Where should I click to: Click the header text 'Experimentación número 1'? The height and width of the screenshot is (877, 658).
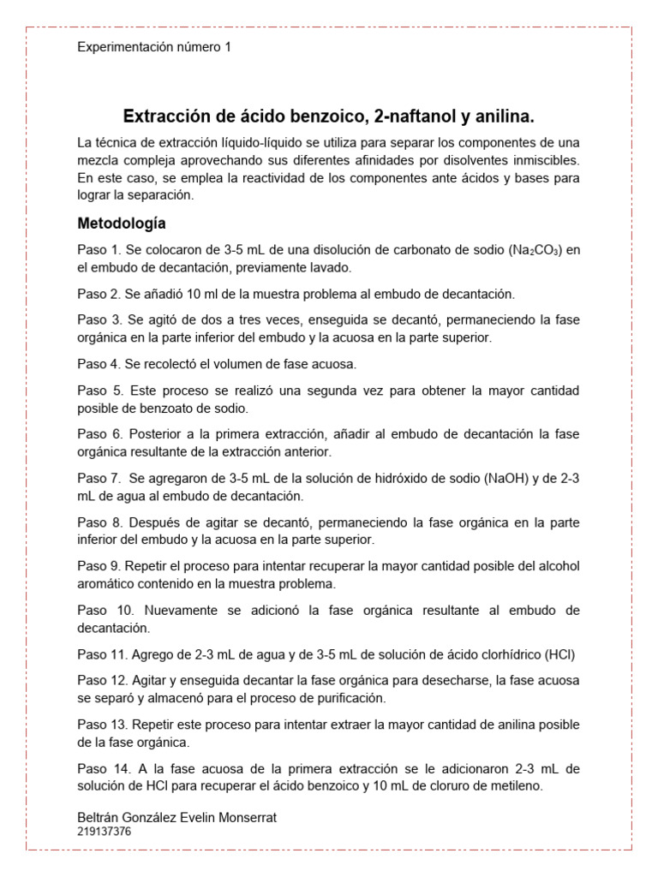point(154,48)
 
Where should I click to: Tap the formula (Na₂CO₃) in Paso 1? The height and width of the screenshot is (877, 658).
point(535,250)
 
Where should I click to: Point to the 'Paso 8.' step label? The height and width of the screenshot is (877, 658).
point(100,522)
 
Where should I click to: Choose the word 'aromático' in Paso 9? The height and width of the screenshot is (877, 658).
point(105,584)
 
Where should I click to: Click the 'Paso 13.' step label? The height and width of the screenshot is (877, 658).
point(104,725)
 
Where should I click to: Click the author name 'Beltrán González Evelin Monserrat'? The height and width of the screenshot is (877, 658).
point(176,818)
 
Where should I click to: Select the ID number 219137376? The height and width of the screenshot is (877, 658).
point(105,831)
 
